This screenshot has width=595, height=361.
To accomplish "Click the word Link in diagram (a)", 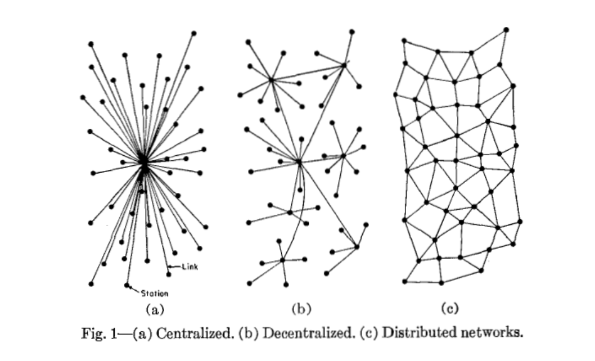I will click(x=190, y=267).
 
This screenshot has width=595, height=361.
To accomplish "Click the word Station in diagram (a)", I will click(x=155, y=293).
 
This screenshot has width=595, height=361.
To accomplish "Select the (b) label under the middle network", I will click(x=301, y=309).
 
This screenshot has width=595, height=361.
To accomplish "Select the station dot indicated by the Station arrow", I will click(x=127, y=285).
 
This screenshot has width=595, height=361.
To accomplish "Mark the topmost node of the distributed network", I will click(x=506, y=29).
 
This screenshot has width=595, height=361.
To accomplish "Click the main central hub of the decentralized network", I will click(x=299, y=162).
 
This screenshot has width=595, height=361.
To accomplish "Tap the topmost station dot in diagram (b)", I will click(x=351, y=31).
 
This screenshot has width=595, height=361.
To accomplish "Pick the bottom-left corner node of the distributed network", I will click(x=404, y=281).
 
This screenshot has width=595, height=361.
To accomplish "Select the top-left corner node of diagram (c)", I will click(x=404, y=40).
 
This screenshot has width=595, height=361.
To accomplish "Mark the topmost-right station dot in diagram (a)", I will click(x=193, y=33).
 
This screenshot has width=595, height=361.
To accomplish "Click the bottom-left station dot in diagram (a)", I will click(x=91, y=283).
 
